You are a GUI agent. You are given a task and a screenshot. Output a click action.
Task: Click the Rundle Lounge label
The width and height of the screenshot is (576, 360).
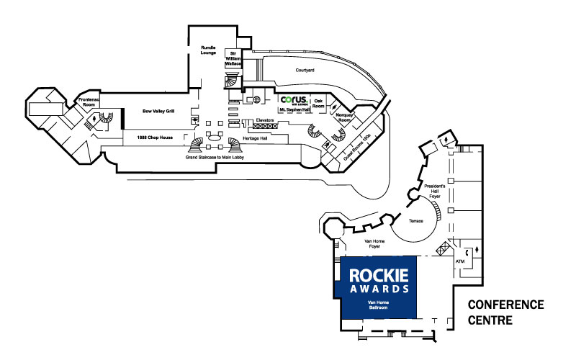click(x=208, y=50)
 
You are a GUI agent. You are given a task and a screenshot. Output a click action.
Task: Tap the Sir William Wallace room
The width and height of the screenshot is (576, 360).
click(x=233, y=59)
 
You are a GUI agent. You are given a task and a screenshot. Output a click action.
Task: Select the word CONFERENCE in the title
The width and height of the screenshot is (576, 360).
click(x=505, y=305)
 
